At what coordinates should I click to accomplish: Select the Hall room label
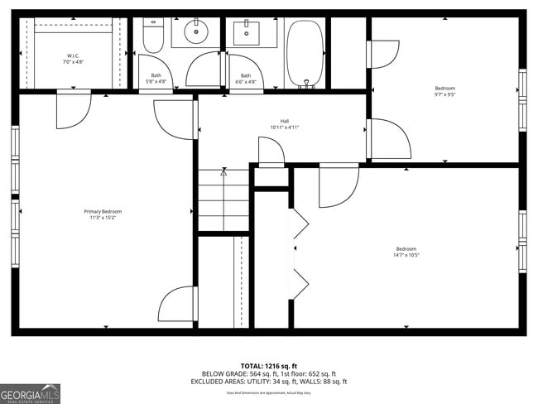click(x=284, y=124)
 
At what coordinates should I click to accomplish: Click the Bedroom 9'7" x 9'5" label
click(x=444, y=91)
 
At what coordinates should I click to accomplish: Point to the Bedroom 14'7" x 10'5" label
click(x=406, y=252)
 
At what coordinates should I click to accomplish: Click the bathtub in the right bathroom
click(x=305, y=52)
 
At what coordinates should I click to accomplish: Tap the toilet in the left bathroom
click(x=152, y=36)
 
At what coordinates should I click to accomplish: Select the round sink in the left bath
click(x=196, y=34)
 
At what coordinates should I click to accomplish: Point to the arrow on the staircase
click(x=223, y=173)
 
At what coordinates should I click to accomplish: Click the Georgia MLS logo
click(x=31, y=393)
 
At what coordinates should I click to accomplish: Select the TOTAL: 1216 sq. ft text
click(x=269, y=365)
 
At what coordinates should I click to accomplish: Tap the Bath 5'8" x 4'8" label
click(x=156, y=79)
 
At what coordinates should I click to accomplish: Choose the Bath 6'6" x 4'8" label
click(x=245, y=79)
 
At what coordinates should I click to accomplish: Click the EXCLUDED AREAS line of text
click(x=269, y=382)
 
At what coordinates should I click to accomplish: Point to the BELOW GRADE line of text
click(x=269, y=373)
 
